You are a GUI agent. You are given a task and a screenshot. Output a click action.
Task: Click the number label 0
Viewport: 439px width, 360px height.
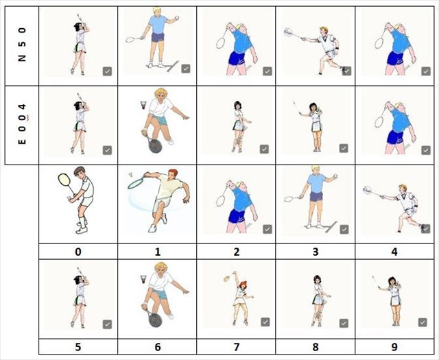[78, 252]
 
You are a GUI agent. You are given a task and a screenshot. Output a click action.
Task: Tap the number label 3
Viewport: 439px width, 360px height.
[316, 252]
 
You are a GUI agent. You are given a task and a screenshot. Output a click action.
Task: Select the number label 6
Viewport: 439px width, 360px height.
[157, 347]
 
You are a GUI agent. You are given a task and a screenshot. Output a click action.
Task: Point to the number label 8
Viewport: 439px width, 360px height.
[316, 347]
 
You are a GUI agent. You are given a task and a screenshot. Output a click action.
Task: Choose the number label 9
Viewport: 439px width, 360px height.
[394, 347]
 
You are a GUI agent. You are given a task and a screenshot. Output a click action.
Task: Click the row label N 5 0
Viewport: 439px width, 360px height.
[22, 45]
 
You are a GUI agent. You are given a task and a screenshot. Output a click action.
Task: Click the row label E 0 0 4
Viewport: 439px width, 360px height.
[22, 123]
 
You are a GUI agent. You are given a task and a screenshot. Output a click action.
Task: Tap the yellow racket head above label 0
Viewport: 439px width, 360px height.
[64, 180]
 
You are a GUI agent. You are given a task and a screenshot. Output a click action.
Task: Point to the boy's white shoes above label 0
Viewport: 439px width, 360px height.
[82, 226]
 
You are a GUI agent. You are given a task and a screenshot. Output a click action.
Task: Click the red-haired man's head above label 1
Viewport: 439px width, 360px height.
[172, 176]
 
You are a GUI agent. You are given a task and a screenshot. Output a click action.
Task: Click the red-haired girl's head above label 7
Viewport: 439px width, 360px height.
[242, 286]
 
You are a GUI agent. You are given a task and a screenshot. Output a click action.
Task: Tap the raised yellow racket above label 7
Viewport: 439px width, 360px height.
[228, 278]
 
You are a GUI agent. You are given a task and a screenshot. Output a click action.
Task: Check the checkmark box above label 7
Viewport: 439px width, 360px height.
[265, 322]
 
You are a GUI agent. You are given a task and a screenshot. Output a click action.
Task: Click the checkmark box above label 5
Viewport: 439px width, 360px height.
[107, 324]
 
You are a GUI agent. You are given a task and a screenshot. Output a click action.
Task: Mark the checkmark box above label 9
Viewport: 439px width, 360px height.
[423, 322]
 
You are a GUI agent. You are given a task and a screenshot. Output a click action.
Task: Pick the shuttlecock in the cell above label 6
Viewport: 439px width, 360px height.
[143, 279]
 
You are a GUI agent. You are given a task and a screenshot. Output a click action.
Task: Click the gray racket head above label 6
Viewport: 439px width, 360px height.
[154, 320]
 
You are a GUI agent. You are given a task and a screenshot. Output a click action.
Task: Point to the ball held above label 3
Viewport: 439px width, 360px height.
[335, 176]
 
